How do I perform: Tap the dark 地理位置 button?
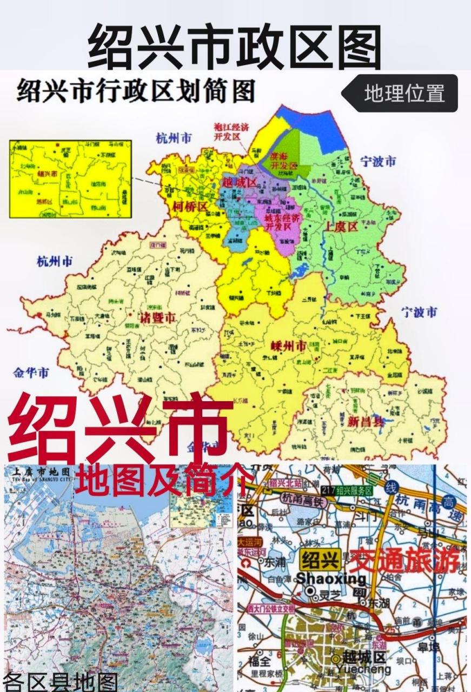pos(404,94)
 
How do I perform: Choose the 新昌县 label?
pos(366,421)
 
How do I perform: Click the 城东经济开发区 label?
pos(281,222)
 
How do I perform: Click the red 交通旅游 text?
pos(404,561)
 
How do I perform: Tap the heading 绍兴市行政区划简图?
pos(135,92)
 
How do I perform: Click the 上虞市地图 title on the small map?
pos(38,471)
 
